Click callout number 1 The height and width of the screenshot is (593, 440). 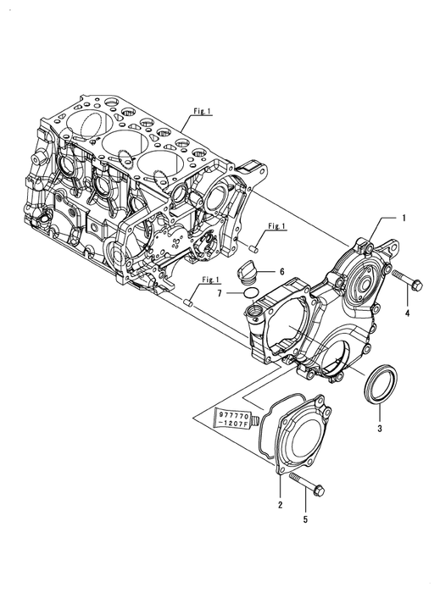click(404, 218)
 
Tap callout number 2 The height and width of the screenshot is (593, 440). click(280, 505)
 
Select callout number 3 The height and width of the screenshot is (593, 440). click(380, 428)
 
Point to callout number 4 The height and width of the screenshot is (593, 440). click(408, 313)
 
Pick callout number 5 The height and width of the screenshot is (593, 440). click(305, 519)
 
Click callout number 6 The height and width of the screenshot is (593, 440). click(281, 272)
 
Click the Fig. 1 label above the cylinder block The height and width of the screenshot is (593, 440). click(203, 111)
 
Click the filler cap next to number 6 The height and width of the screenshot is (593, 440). click(248, 274)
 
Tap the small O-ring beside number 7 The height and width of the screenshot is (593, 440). click(250, 293)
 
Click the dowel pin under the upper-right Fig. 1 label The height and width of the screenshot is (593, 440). click(254, 248)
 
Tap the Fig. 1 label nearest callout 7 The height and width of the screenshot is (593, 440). click(211, 280)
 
